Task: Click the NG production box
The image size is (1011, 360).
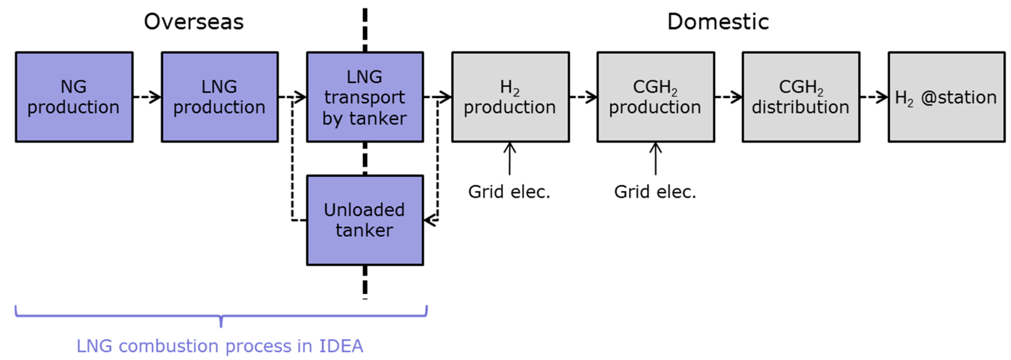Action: click(74, 97)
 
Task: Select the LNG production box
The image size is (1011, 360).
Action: click(220, 97)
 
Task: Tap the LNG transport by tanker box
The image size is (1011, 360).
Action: click(365, 97)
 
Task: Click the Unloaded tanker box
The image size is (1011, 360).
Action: click(365, 220)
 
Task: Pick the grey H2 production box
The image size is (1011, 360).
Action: click(510, 97)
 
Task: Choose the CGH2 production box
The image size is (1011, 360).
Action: click(656, 97)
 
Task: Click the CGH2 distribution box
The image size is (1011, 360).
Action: click(801, 97)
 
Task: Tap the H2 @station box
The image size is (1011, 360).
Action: click(946, 97)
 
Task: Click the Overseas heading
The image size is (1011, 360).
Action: click(194, 21)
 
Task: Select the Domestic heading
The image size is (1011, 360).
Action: click(718, 21)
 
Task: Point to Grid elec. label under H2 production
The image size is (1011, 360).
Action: click(509, 192)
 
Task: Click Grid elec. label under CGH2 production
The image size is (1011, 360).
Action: click(655, 192)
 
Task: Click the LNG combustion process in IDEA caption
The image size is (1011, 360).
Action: click(220, 346)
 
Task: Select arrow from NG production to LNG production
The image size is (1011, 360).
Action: click(147, 97)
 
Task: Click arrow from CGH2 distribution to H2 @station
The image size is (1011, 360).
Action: click(874, 97)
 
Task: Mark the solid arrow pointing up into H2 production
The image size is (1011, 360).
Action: click(509, 159)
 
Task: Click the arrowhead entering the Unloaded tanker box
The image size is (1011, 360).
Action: click(430, 220)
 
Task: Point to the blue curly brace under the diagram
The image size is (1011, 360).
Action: click(221, 316)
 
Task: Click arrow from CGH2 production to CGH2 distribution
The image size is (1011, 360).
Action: click(728, 97)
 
